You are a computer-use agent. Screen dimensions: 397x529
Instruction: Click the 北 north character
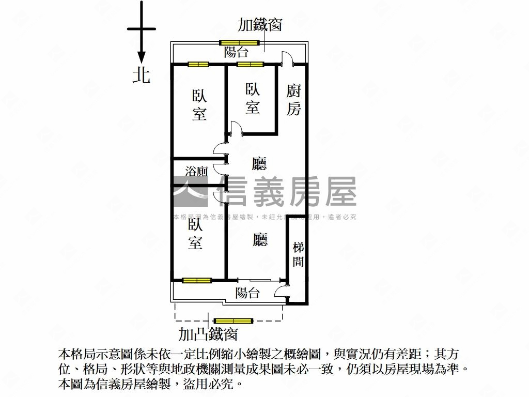pos(141,75)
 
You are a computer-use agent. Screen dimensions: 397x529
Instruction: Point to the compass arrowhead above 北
pos(141,58)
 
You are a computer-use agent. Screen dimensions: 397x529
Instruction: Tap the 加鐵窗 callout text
pos(260,25)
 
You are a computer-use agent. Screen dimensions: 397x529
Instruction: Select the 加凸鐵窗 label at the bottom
pos(208,334)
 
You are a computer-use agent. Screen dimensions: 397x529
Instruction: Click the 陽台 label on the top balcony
pos(236,52)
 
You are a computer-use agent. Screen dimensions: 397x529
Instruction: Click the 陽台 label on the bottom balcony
pos(247,293)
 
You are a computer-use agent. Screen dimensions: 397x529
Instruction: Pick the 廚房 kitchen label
pos(293,100)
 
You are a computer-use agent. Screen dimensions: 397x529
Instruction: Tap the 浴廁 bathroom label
pos(196,171)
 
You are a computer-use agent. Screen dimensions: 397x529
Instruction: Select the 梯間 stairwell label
pos(298,254)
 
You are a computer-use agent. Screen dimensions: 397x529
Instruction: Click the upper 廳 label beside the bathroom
pos(259,164)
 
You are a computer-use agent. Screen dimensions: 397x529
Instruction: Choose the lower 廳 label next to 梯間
pos(260,239)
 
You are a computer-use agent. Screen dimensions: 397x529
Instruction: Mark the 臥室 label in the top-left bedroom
pos(199,105)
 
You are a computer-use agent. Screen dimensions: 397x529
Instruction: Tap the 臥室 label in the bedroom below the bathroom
pos(195,234)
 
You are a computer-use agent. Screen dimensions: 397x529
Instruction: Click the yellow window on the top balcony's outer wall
pos(238,42)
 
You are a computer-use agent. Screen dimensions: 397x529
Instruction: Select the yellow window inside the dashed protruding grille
pos(234,321)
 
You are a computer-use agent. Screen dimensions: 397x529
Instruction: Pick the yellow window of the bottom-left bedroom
pos(197,280)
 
